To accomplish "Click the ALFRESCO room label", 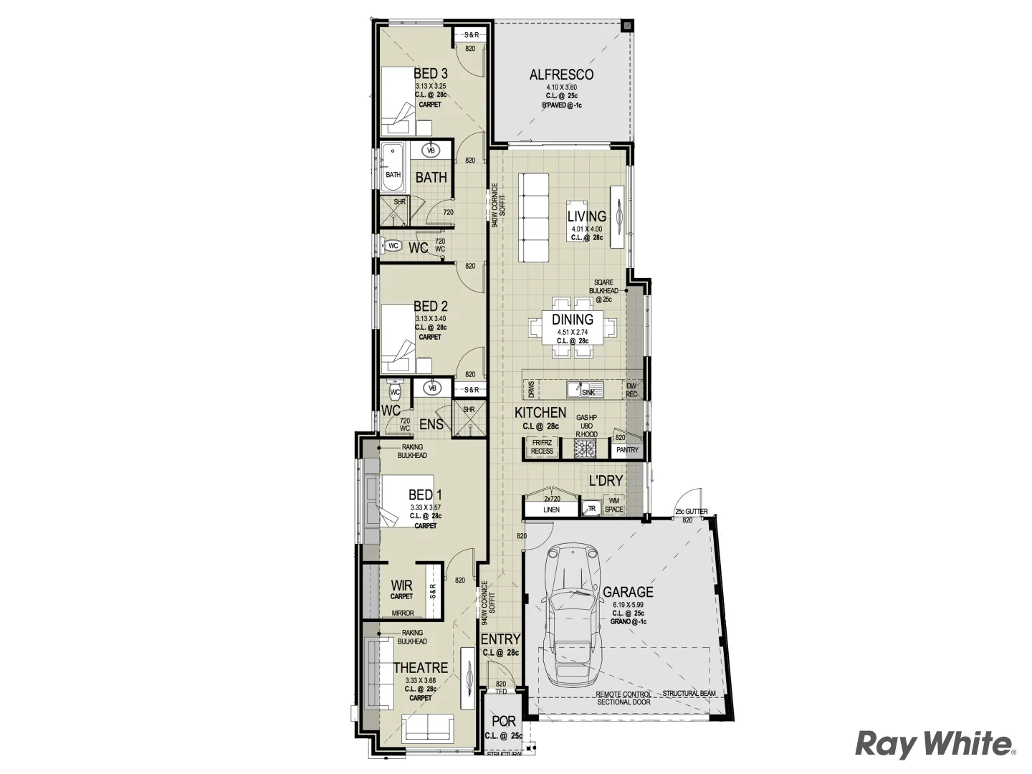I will [x=561, y=75].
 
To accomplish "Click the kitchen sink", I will [x=585, y=389].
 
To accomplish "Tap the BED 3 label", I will [x=431, y=74].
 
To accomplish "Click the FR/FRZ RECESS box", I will [x=542, y=448].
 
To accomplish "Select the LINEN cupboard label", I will [x=551, y=510].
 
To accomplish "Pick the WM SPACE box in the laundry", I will [x=614, y=505].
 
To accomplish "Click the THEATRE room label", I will [x=421, y=668].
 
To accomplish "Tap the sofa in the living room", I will [x=534, y=219].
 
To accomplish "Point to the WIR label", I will [x=401, y=586].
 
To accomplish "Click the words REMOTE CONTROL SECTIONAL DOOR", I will [x=623, y=698].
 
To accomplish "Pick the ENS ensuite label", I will [x=431, y=424].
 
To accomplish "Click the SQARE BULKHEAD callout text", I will [x=603, y=290].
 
